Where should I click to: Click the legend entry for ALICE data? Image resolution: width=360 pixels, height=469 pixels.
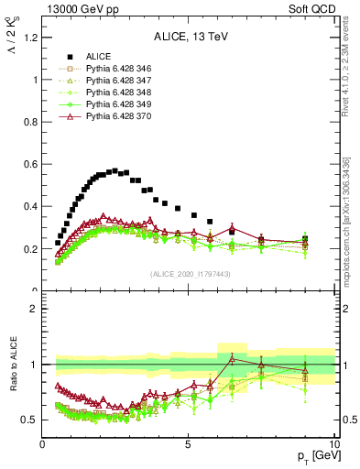tap(98, 55)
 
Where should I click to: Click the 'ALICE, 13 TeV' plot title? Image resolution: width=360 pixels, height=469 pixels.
tap(188, 38)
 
